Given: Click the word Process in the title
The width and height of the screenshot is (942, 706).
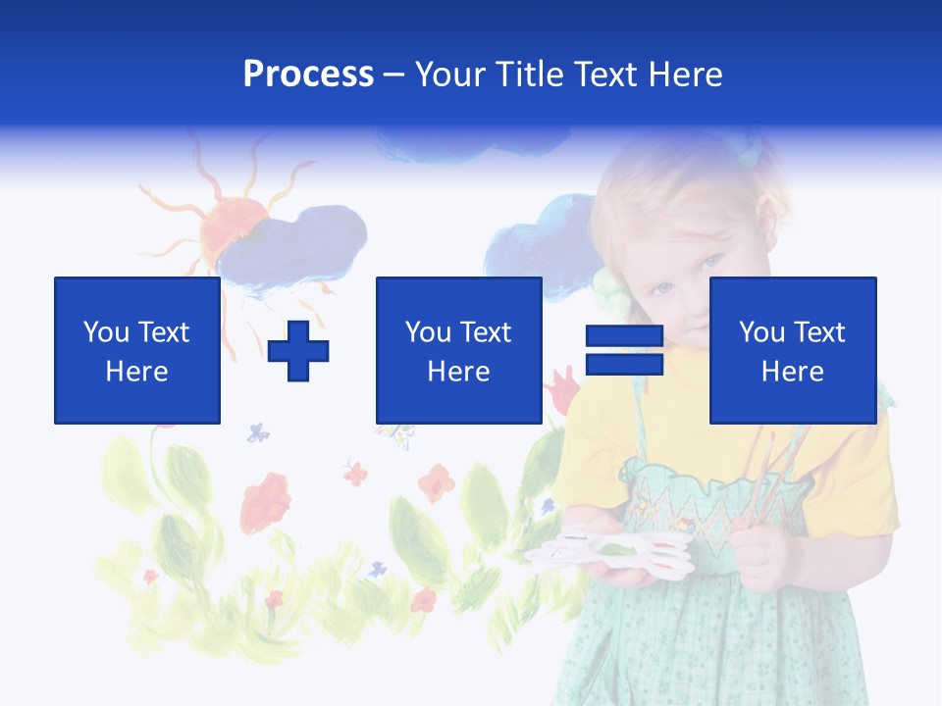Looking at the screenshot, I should [x=308, y=75].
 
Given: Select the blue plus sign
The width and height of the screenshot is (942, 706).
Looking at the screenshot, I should [x=298, y=351].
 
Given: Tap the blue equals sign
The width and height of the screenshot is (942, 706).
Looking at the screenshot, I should [x=624, y=350].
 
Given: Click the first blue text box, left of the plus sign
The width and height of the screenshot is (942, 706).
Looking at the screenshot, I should [x=137, y=350].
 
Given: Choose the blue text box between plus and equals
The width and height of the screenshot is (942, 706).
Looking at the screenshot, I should [x=458, y=350].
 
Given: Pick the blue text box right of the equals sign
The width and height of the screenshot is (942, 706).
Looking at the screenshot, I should [x=792, y=350].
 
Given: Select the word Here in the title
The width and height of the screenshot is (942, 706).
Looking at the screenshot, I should [x=686, y=75].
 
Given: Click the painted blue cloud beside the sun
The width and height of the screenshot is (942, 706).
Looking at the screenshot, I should [x=294, y=245].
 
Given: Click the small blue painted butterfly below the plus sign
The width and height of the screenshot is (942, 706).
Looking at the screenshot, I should [x=258, y=431].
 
